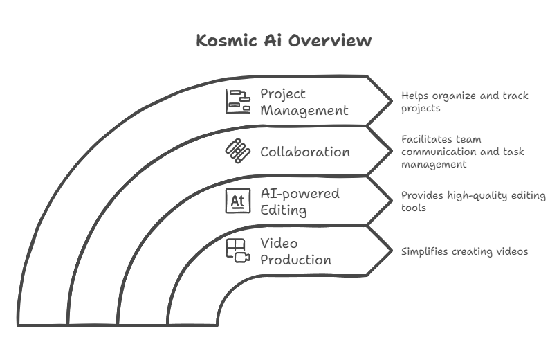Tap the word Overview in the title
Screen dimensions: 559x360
[330, 40]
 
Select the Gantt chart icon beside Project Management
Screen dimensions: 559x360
[238, 101]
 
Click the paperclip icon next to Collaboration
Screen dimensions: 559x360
[238, 151]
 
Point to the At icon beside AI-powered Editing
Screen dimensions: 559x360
[238, 201]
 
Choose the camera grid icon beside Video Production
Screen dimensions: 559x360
[238, 251]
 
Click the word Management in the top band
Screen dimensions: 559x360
[304, 111]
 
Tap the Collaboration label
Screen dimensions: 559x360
[305, 152]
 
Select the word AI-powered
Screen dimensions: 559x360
[300, 194]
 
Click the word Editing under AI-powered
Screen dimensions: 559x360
[284, 210]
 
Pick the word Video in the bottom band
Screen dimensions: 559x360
[279, 243]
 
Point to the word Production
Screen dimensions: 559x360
[296, 260]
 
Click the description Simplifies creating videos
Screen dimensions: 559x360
[464, 251]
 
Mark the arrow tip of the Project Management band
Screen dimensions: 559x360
[392, 101]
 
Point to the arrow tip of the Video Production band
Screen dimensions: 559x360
[392, 251]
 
